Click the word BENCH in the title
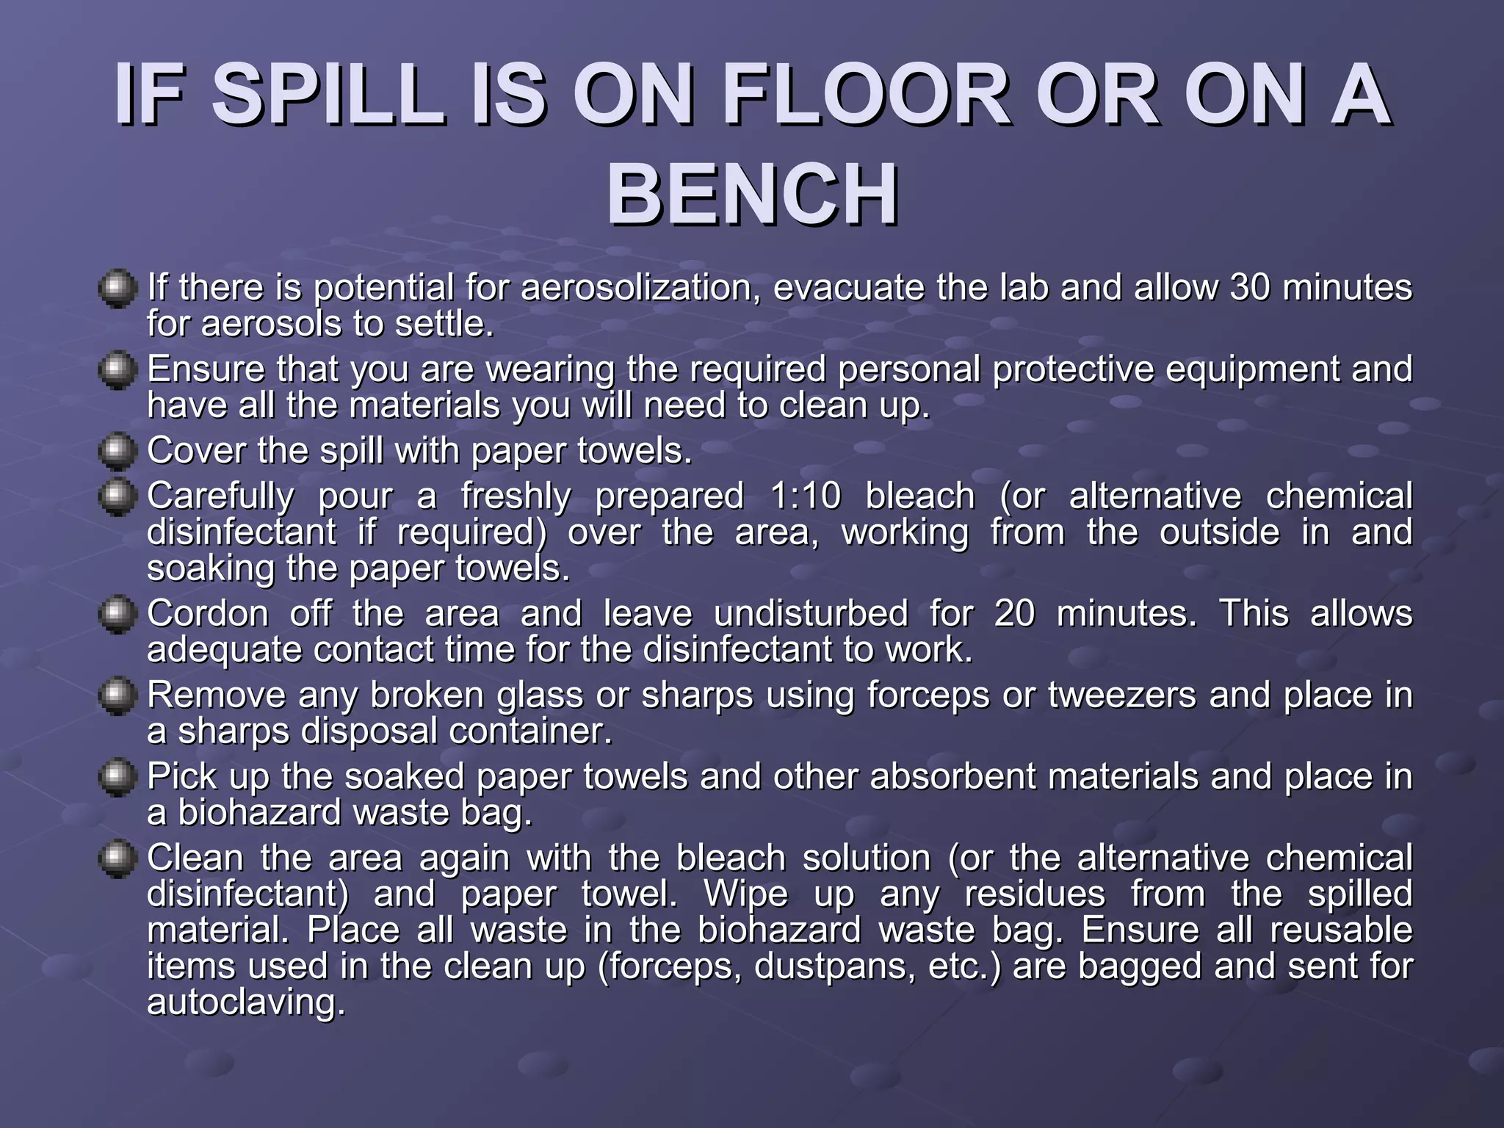point(752,195)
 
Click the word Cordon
point(208,613)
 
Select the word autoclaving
point(246,1002)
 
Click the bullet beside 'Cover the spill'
point(117,452)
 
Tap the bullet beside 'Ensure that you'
point(117,370)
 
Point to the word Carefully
point(220,496)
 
